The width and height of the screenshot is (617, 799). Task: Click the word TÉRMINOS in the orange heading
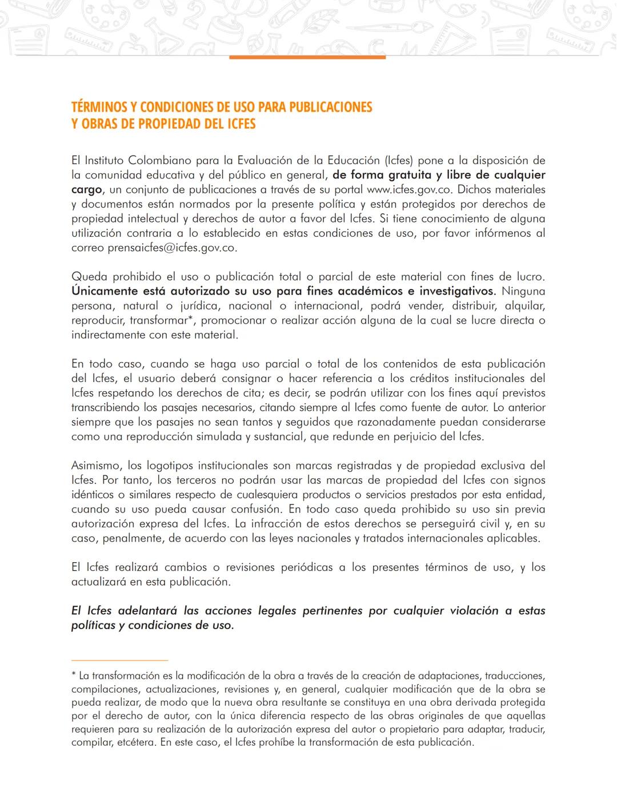pos(98,107)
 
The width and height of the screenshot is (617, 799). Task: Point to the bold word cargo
pos(86,189)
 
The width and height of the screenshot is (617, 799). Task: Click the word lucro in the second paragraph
pos(530,277)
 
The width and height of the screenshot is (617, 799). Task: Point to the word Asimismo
pos(96,466)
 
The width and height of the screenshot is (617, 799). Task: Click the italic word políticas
pos(93,625)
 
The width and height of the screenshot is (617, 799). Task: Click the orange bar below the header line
pos(307,57)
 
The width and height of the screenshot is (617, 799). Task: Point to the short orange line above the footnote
pos(119,661)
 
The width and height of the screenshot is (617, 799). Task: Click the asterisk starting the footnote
pos(74,676)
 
